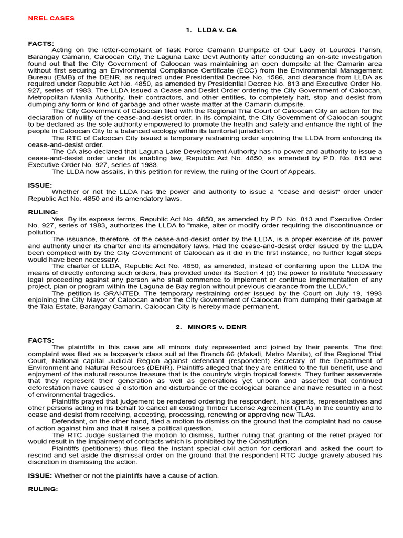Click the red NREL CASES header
51,18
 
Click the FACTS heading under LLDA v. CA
40,43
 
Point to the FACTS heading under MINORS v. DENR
40,340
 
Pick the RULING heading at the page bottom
43,489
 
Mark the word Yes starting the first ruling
59,219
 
